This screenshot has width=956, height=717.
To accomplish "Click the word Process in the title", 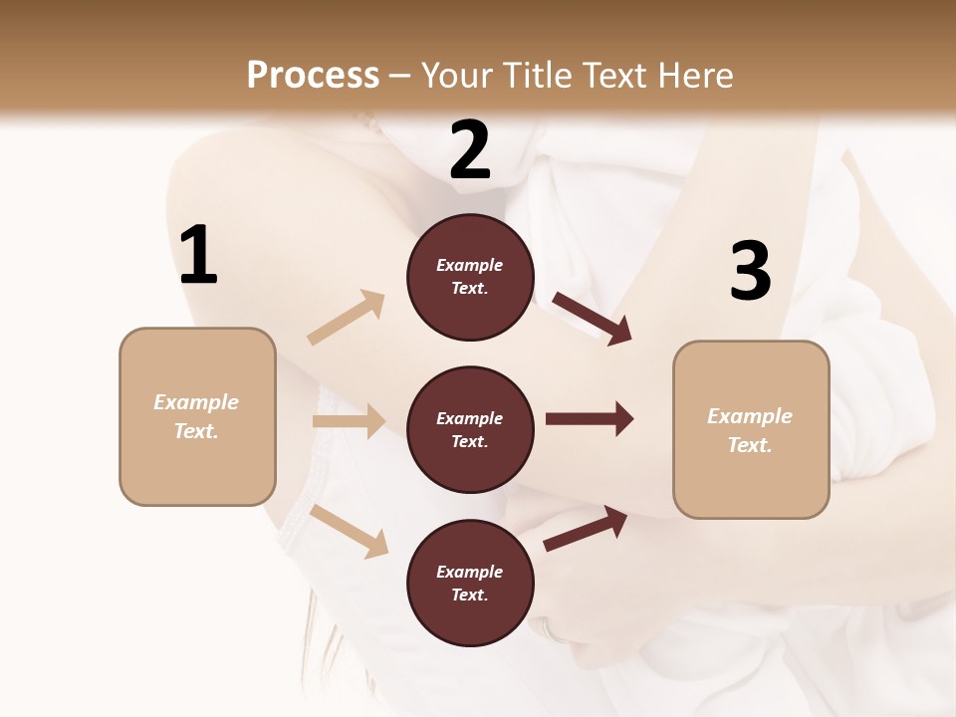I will tap(313, 76).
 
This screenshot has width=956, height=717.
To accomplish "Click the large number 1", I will tap(198, 256).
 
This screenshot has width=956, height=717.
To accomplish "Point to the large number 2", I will tap(470, 150).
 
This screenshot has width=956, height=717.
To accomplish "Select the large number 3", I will tap(750, 272).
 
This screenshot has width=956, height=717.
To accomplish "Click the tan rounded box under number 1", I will tap(197, 416).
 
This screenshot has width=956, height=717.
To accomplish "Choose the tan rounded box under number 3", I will tap(751, 430).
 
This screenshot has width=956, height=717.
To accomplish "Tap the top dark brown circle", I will tap(470, 277).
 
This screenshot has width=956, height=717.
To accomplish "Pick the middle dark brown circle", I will tap(470, 430).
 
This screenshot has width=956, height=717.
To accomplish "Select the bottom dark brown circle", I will tap(470, 584).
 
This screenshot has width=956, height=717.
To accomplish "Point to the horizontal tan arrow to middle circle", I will tap(349, 421).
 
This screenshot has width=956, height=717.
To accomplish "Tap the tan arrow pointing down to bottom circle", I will tap(350, 531).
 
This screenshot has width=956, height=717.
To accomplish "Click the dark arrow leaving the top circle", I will tap(592, 319).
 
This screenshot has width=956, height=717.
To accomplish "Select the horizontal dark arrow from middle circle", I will tap(590, 419).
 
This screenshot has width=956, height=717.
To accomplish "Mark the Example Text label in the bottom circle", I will tap(470, 584).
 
